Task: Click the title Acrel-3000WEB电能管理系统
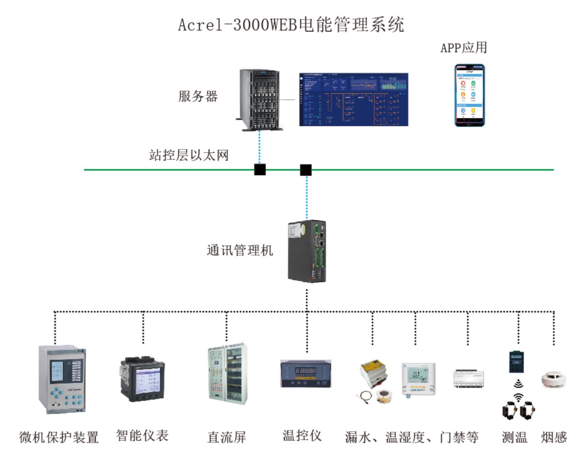click(x=291, y=25)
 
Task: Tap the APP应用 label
click(x=463, y=48)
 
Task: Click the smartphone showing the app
click(x=469, y=95)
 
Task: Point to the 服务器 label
click(x=198, y=97)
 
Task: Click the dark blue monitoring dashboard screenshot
click(x=354, y=99)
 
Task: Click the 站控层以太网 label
click(x=189, y=155)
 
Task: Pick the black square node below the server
click(x=260, y=169)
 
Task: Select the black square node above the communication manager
click(x=306, y=169)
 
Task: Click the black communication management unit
click(x=307, y=251)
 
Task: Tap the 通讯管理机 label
click(x=240, y=251)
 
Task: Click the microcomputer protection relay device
click(x=62, y=379)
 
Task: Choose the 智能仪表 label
click(x=142, y=436)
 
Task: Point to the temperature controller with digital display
click(x=306, y=374)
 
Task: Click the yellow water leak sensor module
click(x=374, y=373)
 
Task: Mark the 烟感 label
click(x=553, y=437)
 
